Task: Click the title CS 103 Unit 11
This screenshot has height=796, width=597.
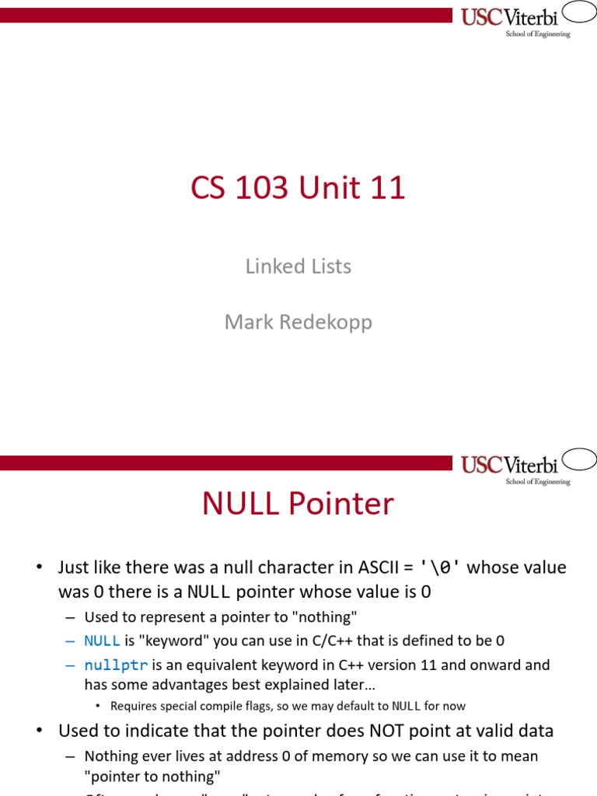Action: [298, 189]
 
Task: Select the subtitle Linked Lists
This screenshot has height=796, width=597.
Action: [298, 267]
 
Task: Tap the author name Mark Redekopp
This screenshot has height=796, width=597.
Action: [298, 322]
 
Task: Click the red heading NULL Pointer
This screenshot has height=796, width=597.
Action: [298, 504]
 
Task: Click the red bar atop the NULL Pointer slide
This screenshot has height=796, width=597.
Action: [225, 463]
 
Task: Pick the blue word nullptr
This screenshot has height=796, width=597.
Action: [116, 665]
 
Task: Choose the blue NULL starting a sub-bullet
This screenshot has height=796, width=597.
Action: [102, 641]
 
